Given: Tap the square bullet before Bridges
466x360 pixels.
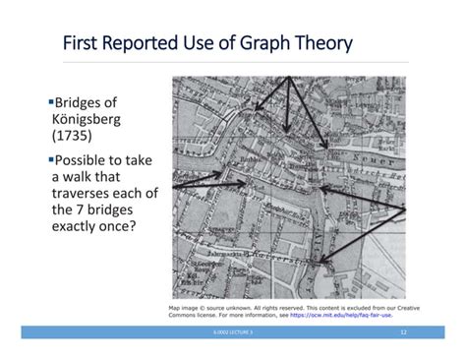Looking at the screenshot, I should pyautogui.click(x=50, y=101).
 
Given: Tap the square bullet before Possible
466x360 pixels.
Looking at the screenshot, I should pyautogui.click(x=50, y=158).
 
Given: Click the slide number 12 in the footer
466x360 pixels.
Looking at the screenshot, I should pyautogui.click(x=402, y=334).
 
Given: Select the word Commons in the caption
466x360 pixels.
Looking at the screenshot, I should pyautogui.click(x=188, y=315).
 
